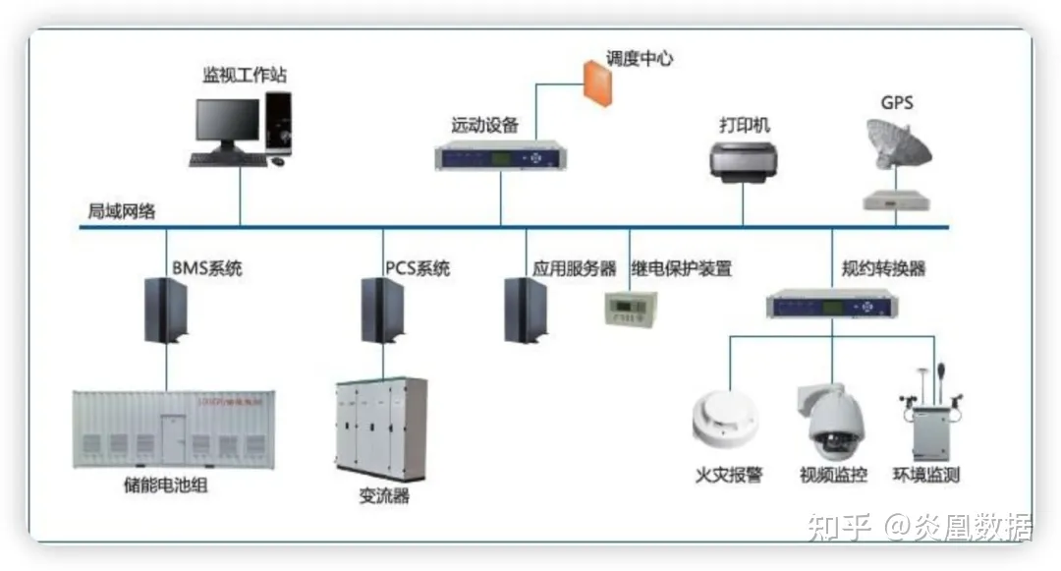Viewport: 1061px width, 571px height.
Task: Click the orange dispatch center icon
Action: [595, 82]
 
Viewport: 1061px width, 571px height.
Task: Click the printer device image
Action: [744, 160]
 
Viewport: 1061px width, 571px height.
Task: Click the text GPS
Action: [896, 102]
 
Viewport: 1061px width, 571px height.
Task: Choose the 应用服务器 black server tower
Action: [526, 310]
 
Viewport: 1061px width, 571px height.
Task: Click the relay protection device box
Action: [629, 308]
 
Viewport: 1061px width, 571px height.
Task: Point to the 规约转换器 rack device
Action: [832, 305]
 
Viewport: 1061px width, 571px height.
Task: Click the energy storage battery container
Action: [174, 428]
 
